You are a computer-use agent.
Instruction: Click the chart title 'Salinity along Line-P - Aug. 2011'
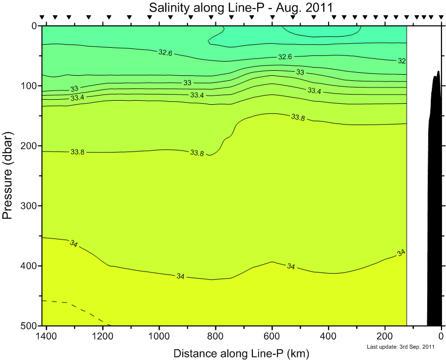pyautogui.click(x=240, y=8)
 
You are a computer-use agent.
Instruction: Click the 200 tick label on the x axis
pyautogui.click(x=385, y=336)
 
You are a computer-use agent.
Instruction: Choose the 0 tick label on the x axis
pyautogui.click(x=441, y=336)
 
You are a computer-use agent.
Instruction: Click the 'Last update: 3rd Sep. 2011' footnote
pyautogui.click(x=401, y=347)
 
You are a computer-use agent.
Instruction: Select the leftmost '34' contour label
pyautogui.click(x=73, y=244)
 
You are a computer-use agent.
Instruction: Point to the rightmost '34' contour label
pyautogui.click(x=401, y=253)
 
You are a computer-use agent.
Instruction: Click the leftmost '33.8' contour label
pyautogui.click(x=77, y=152)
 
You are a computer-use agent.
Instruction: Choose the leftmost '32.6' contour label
pyautogui.click(x=165, y=52)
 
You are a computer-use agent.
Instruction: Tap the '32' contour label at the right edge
pyautogui.click(x=401, y=61)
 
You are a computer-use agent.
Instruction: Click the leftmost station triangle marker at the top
pyautogui.click(x=42, y=17)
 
